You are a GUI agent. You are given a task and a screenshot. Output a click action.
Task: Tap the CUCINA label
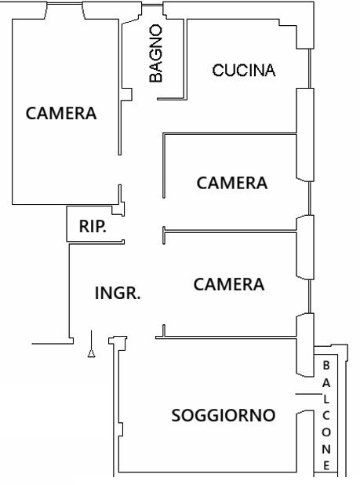point(244,71)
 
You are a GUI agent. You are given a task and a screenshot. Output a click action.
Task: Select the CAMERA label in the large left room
point(61,113)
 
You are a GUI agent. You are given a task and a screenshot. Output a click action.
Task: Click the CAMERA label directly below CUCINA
point(232,183)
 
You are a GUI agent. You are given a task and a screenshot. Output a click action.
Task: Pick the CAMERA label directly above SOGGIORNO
point(228,283)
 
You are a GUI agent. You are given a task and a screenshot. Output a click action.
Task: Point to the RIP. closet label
point(93,227)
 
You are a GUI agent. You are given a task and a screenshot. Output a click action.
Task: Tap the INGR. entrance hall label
point(118,294)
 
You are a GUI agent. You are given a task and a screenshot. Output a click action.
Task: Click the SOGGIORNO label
point(224,414)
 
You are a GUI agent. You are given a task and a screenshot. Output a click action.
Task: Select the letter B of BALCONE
point(325,365)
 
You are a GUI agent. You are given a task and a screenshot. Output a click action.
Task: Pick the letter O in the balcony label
point(325,432)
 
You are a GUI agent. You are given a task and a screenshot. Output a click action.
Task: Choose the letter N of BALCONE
point(325,448)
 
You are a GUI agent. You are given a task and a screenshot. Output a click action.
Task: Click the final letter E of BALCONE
point(325,465)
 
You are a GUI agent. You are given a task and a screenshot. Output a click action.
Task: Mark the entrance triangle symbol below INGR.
point(92,352)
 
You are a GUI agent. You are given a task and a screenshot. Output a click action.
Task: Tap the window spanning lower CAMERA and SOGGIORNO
point(304,344)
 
